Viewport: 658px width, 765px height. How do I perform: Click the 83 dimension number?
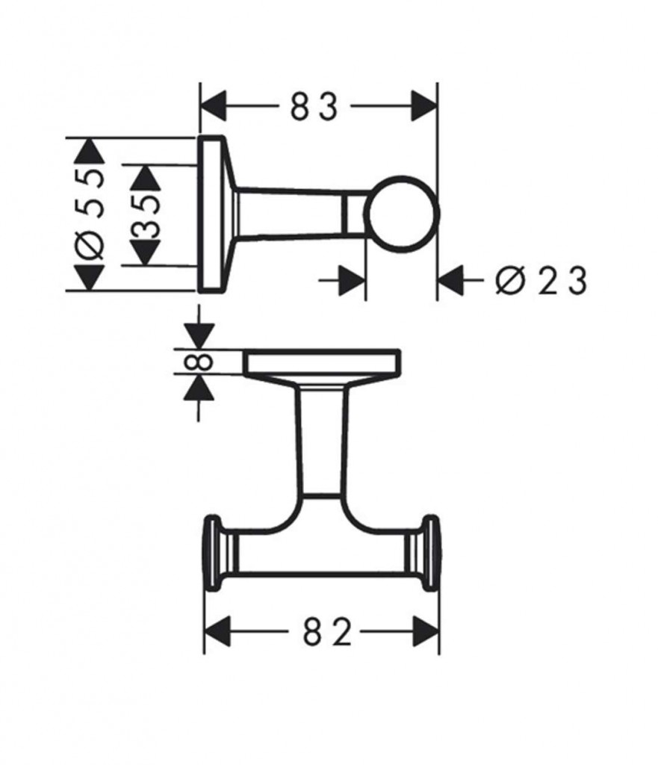(314, 107)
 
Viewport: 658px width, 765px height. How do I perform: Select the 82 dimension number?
(327, 631)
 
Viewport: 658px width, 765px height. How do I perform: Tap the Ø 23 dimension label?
(541, 281)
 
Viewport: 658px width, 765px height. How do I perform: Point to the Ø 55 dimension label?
(90, 213)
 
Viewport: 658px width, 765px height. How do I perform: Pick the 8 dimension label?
(199, 362)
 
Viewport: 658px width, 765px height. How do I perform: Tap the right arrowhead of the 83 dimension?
(423, 106)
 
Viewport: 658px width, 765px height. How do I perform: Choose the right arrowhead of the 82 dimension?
(426, 631)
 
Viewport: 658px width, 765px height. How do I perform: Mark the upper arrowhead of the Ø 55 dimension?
(89, 151)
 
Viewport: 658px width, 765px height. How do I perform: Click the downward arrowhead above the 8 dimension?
(199, 335)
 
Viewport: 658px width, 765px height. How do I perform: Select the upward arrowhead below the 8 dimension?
(199, 388)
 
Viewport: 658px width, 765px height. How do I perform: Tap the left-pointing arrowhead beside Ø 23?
(450, 281)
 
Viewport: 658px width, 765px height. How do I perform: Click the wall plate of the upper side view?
(211, 214)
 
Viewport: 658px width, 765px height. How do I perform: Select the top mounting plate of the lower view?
(322, 362)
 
